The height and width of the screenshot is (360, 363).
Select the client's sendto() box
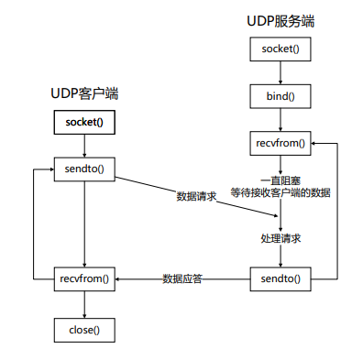(84, 169)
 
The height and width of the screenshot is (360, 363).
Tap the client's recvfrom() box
(84, 278)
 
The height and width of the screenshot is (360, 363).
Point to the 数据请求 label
(196, 197)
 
